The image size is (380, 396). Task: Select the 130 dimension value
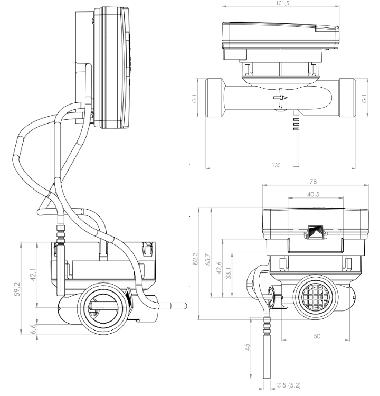(x=277, y=165)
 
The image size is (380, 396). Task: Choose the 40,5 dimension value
(x=313, y=194)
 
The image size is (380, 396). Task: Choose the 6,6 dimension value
(x=34, y=329)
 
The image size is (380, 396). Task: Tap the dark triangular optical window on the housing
(x=315, y=230)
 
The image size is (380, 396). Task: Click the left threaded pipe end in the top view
(x=213, y=98)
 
